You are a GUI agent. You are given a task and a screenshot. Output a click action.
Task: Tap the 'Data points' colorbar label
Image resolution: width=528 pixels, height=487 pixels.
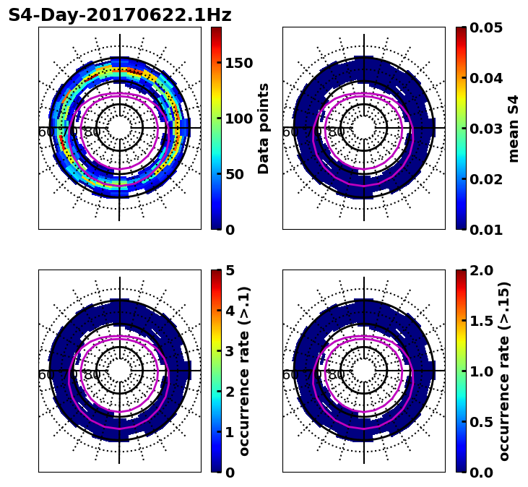point(264,129)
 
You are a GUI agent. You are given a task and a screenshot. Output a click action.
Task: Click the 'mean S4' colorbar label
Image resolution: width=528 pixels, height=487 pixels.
point(514,129)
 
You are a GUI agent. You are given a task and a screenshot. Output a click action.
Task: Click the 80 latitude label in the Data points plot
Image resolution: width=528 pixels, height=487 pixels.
point(92,132)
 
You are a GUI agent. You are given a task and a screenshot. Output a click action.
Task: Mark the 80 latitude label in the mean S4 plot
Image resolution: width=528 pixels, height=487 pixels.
point(337,132)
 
